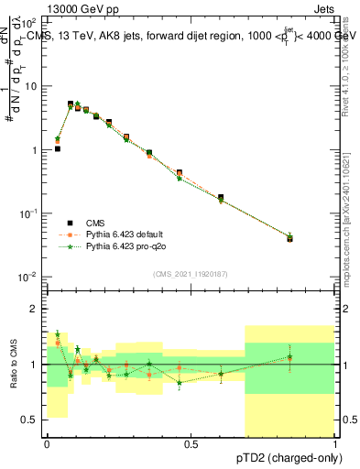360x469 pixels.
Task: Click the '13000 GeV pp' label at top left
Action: tap(54, 7)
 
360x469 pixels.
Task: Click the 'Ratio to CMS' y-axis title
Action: tap(13, 364)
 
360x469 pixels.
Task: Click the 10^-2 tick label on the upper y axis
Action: tap(27, 277)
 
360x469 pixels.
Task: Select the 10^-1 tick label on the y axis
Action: tap(27, 213)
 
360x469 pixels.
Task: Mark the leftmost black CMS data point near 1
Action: tap(58, 148)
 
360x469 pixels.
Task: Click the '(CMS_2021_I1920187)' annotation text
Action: tap(191, 273)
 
